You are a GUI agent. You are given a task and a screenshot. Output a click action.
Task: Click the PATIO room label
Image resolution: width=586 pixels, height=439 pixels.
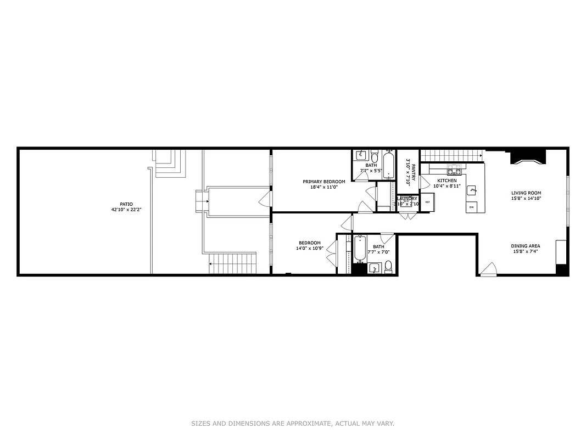(x=127, y=204)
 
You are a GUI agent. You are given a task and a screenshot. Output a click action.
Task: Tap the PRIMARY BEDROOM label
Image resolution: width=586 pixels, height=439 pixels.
(x=324, y=182)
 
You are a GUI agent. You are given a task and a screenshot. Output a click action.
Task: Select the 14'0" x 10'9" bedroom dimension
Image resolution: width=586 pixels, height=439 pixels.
(x=310, y=249)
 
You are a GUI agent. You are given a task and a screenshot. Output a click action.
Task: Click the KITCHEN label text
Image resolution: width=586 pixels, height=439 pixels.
(x=447, y=181)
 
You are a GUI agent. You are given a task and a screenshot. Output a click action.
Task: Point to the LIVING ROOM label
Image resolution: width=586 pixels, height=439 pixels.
(x=526, y=193)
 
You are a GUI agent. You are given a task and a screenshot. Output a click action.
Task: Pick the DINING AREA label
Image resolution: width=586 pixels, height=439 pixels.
(x=526, y=246)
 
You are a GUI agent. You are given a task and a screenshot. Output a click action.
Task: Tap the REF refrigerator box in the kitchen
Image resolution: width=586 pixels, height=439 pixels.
(x=427, y=202)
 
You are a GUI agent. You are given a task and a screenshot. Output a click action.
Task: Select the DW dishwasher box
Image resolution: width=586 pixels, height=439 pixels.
(x=471, y=207)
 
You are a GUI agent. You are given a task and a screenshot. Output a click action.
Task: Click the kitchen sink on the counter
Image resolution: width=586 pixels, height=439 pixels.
(x=472, y=190)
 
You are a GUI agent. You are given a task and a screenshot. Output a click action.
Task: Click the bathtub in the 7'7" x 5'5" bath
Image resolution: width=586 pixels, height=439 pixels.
(x=388, y=166)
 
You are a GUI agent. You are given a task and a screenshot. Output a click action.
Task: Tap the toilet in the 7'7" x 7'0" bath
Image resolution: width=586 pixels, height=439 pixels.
(x=388, y=266)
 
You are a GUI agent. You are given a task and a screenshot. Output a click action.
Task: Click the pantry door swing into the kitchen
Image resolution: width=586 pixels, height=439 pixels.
(x=425, y=182)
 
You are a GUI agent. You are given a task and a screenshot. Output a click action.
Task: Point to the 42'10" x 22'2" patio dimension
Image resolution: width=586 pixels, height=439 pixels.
(x=127, y=210)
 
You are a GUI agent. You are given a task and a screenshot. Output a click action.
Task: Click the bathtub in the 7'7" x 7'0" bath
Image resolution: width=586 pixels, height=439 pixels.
(x=361, y=249)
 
